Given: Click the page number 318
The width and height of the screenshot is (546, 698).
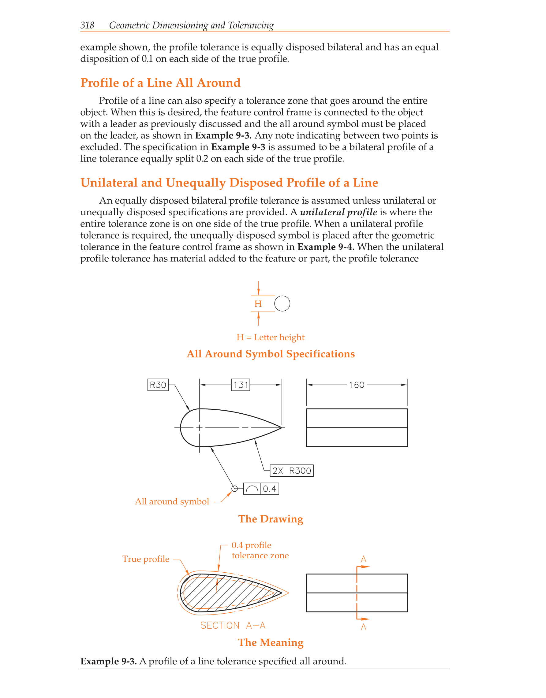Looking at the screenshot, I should (87, 25).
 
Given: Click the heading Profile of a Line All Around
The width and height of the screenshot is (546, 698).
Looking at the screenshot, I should (160, 83).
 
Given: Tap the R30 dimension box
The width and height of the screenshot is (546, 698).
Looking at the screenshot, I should (158, 385).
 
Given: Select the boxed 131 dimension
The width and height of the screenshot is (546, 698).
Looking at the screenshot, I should (241, 385).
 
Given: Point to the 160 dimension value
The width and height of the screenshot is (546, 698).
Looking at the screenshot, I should (356, 385).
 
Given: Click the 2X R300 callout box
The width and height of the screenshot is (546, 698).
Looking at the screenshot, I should (291, 471).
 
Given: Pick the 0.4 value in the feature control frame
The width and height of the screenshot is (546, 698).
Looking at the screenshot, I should (270, 489).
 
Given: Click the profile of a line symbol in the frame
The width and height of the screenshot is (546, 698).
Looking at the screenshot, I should (252, 489).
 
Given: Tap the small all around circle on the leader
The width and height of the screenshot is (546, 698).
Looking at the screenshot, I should (234, 489).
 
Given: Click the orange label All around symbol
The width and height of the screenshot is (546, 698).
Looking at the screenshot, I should (172, 501).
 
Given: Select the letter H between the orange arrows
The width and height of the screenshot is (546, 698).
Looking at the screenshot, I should (258, 304).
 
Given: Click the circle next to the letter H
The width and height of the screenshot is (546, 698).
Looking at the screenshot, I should (282, 304).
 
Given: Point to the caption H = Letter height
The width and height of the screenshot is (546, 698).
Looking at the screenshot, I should (270, 337).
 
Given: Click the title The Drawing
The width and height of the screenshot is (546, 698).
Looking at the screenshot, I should (271, 519).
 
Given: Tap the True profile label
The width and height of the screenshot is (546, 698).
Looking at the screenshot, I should (146, 559).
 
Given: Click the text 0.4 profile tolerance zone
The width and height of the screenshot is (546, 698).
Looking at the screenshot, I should (260, 550).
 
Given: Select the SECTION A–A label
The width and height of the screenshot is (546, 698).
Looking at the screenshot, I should (233, 626).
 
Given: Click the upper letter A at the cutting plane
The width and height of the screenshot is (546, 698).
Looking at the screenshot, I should (363, 559).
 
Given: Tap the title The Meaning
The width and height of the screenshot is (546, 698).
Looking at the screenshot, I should (271, 642).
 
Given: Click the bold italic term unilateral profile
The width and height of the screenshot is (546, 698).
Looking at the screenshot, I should (338, 212).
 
